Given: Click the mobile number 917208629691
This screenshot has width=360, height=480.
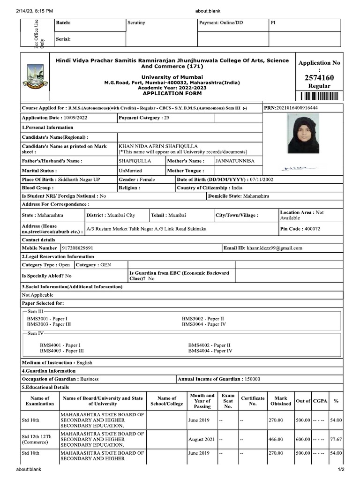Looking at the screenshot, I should click(77, 248).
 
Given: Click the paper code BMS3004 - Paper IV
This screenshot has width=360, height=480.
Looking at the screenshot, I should click(204, 324).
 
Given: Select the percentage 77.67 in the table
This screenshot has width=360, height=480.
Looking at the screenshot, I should click(336, 440).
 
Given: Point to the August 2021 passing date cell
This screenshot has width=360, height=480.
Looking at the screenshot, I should click(202, 440).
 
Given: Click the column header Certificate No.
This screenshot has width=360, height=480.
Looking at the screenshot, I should click(253, 401).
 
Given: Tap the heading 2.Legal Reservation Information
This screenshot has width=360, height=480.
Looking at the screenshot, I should click(58, 256).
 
